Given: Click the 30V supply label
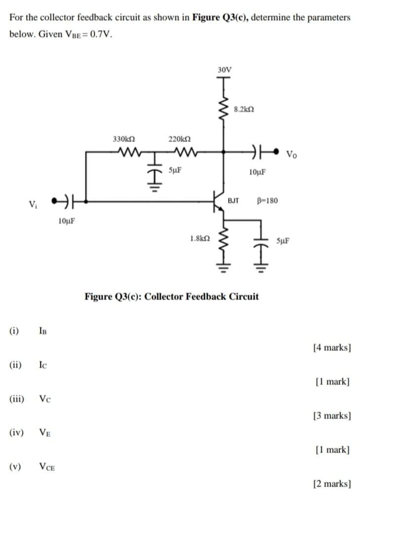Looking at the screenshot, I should (224, 70).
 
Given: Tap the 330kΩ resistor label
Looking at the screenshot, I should (124, 140).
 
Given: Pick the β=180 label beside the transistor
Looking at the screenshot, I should (267, 201).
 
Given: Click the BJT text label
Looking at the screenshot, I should (234, 201).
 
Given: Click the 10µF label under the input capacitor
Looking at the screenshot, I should (67, 221).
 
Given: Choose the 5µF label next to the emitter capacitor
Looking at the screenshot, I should (283, 241).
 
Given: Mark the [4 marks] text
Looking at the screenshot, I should (332, 347).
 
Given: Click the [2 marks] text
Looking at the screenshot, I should (332, 484).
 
